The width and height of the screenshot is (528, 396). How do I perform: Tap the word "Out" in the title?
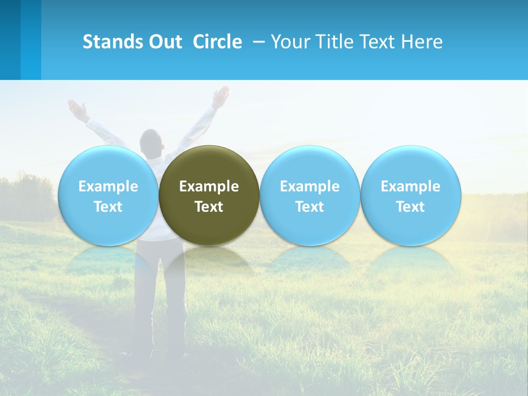coord(163,42)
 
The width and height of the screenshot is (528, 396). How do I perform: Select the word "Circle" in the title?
coord(217,42)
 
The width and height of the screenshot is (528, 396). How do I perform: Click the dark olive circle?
coord(209,165)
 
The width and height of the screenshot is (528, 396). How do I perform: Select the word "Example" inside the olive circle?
coord(209,186)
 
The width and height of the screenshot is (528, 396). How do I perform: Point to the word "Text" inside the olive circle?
coord(209,207)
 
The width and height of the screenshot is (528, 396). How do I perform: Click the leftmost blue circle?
coord(108,165)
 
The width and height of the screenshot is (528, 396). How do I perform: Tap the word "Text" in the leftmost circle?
coord(108,207)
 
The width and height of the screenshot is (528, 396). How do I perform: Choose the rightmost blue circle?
coord(410,165)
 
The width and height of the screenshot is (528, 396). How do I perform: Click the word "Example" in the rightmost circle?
coord(410,186)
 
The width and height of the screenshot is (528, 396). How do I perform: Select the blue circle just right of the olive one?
coord(310,165)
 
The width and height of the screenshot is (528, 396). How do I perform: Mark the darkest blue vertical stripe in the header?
coord(10,40)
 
